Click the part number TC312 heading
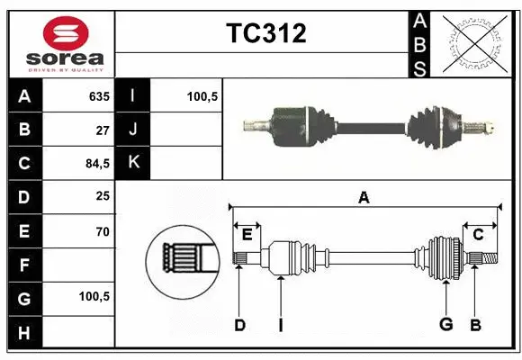click(265, 34)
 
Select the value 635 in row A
click(98, 96)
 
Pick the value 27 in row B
click(102, 130)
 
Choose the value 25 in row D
click(102, 197)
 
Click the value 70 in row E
click(102, 231)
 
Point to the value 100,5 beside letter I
click(202, 96)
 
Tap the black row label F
click(24, 265)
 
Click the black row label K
click(133, 163)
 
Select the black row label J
click(133, 130)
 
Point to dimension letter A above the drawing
click(364, 198)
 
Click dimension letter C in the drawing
click(479, 235)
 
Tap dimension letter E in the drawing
click(247, 235)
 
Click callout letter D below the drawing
click(239, 325)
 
